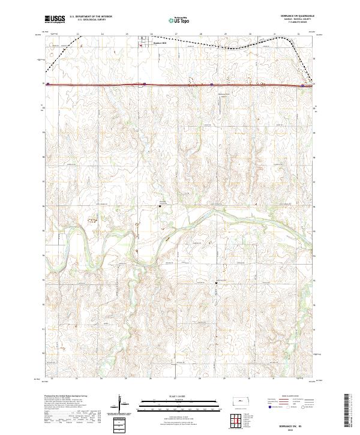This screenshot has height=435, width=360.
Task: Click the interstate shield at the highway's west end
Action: click(47, 84)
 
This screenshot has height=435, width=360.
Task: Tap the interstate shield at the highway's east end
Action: click(302, 86)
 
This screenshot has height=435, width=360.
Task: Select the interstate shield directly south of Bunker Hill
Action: click(145, 84)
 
